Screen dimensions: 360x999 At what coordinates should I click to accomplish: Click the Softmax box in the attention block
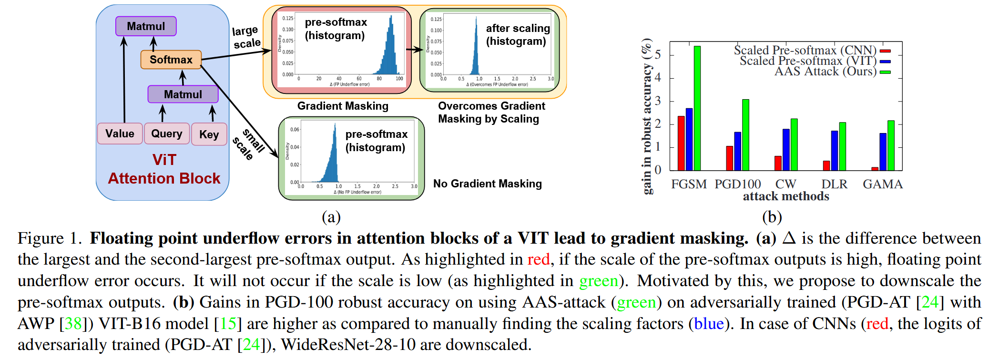(171, 60)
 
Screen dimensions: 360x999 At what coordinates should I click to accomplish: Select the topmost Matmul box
(146, 26)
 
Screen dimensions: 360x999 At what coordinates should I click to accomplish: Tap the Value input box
(120, 134)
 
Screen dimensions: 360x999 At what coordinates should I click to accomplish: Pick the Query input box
(167, 134)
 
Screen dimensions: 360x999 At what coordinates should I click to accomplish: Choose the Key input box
(209, 134)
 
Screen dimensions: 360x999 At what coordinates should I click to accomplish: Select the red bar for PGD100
(730, 158)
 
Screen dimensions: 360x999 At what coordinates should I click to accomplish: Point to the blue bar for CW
(786, 150)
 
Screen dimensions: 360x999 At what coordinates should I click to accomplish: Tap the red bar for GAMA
(875, 169)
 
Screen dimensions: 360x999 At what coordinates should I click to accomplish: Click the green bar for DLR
(843, 146)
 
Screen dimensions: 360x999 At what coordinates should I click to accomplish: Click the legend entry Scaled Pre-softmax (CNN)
(805, 50)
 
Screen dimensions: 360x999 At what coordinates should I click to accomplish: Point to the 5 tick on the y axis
(658, 55)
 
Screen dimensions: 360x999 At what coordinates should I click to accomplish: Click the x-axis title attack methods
(786, 196)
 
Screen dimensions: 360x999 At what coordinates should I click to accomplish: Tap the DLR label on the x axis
(834, 184)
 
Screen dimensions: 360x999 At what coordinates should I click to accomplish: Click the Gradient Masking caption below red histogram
(343, 106)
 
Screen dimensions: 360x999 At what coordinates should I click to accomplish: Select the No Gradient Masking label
(487, 184)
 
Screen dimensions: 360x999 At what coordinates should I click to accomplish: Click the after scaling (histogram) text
(518, 35)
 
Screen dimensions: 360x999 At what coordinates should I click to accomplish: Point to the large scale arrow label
(246, 37)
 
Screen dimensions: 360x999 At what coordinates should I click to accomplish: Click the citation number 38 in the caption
(73, 324)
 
